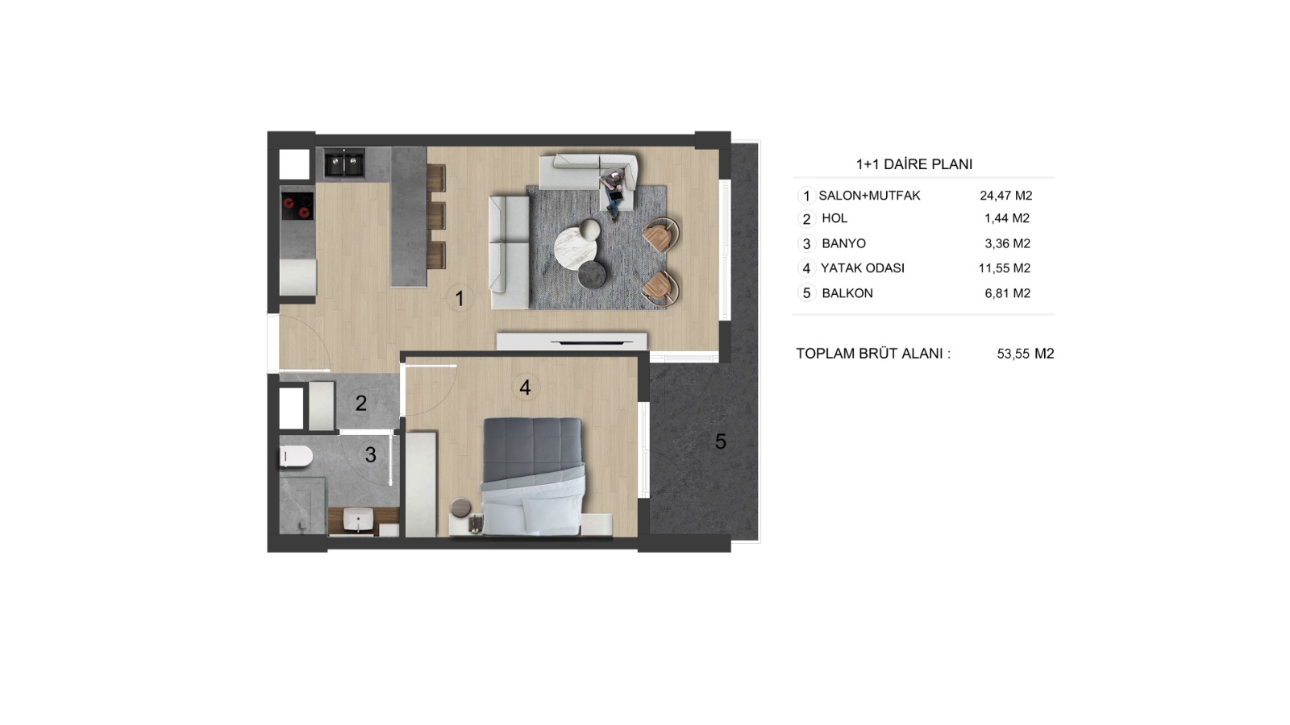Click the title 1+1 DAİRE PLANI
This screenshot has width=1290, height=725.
[914, 164]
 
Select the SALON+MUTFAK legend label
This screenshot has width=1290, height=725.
[870, 196]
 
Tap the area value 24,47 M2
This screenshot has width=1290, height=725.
[1006, 196]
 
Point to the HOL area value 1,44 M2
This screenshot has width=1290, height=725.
[1007, 218]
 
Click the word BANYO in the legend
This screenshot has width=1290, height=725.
[843, 243]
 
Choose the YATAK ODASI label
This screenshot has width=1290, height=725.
[863, 268]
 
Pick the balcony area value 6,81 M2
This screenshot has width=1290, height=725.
[1008, 293]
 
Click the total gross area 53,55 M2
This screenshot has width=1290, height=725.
[1026, 354]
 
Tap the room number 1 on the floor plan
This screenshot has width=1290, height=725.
[460, 299]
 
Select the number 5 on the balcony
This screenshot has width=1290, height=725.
[721, 442]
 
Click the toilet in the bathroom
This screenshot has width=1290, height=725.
[296, 457]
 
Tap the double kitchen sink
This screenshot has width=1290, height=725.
[343, 164]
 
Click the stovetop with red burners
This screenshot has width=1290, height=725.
[298, 206]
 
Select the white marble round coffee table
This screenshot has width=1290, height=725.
[576, 247]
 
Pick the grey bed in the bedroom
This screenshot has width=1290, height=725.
[533, 476]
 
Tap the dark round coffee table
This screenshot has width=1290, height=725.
[592, 275]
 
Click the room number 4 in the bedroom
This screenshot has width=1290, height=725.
[525, 387]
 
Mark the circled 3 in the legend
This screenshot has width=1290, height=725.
[806, 244]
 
